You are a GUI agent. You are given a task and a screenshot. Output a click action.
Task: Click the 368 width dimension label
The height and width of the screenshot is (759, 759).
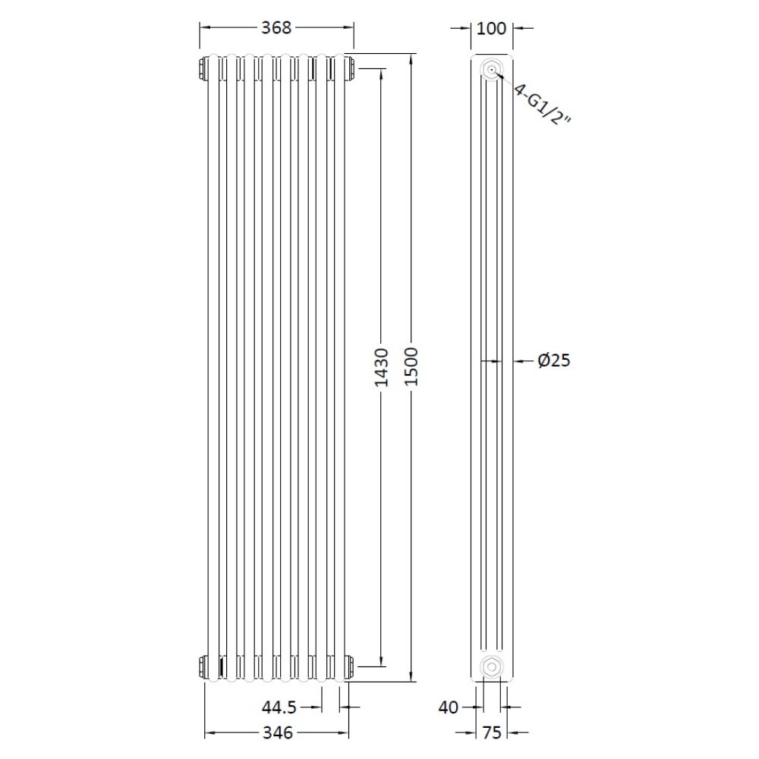click(276, 28)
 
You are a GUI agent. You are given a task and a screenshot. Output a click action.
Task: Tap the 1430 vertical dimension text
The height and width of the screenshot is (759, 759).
click(382, 367)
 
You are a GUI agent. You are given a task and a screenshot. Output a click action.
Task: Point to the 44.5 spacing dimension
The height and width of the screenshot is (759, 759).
click(279, 708)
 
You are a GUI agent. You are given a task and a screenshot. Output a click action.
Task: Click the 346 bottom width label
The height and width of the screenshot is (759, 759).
click(278, 733)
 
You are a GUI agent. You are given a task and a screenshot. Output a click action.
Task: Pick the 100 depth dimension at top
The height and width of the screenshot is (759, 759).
click(492, 29)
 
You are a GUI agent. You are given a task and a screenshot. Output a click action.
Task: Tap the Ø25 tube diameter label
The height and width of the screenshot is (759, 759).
click(553, 361)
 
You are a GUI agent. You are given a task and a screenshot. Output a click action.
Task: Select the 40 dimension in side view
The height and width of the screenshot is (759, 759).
click(449, 708)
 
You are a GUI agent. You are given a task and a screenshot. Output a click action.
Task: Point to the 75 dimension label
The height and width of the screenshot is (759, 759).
click(492, 733)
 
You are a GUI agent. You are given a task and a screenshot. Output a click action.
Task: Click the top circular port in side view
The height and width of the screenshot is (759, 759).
click(492, 71)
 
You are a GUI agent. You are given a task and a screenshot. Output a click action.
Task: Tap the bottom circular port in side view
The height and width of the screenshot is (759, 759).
click(492, 666)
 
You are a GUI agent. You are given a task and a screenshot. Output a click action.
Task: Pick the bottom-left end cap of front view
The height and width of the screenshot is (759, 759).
click(203, 666)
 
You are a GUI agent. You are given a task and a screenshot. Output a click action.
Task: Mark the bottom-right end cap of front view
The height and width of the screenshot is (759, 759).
click(350, 666)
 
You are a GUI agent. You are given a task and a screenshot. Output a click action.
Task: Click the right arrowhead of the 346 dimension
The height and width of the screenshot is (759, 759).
click(345, 733)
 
